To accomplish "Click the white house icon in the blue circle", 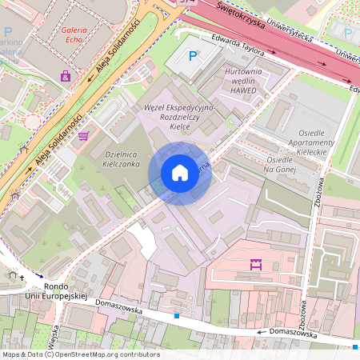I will coord(180,171).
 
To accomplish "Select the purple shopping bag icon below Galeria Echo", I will coord(65,76).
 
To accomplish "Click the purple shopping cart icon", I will coord(83,135).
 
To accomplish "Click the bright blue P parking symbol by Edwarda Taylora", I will coord(192,55).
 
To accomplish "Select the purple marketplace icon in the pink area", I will coord(256,264).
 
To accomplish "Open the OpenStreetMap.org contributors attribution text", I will coord(80,354).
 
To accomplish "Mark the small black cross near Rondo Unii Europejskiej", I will coord(22,278).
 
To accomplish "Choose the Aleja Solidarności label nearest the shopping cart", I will coord(57,142).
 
